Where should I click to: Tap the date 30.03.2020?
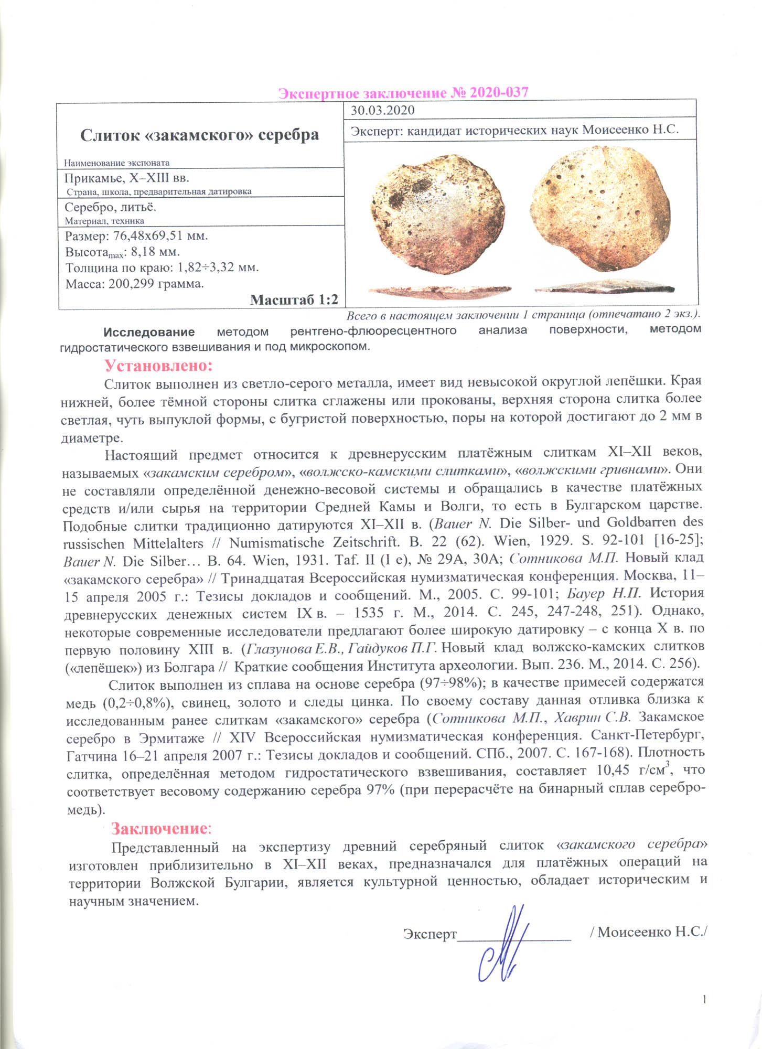click(x=382, y=110)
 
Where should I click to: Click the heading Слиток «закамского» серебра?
click(x=199, y=135)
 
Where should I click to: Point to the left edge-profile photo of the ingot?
click(x=439, y=290)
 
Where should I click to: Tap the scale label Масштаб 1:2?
click(x=294, y=299)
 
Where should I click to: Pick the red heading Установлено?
click(x=158, y=365)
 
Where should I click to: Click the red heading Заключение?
click(x=160, y=828)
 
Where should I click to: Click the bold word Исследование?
click(x=149, y=331)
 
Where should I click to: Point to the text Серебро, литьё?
click(x=110, y=207)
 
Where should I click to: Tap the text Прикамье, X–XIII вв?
click(x=126, y=177)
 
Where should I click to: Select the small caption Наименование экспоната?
click(x=116, y=163)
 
